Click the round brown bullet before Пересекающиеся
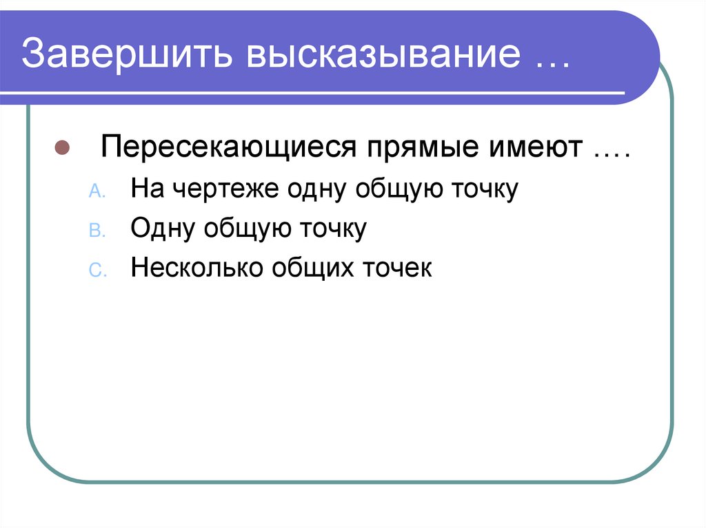(61, 149)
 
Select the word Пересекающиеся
(230, 149)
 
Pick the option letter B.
(97, 231)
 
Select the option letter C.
(97, 270)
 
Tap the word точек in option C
(395, 267)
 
